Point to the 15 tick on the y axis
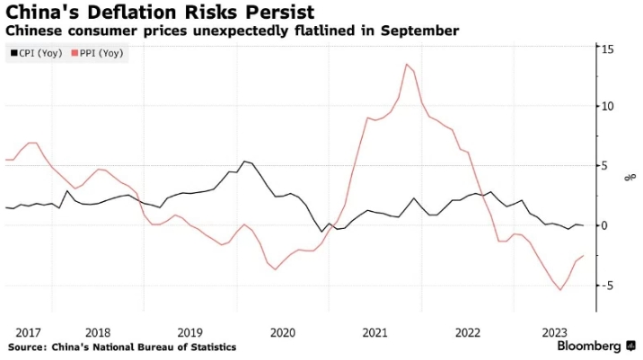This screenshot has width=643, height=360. (x=608, y=48)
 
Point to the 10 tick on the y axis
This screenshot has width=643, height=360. (x=608, y=106)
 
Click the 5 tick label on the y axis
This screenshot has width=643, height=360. (x=605, y=165)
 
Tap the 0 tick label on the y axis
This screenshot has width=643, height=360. (x=605, y=225)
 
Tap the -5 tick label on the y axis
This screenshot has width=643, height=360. (x=607, y=285)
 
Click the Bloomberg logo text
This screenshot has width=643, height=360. (x=589, y=347)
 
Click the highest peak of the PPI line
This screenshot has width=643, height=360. (x=407, y=64)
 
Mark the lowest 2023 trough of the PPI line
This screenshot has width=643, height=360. (x=560, y=290)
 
